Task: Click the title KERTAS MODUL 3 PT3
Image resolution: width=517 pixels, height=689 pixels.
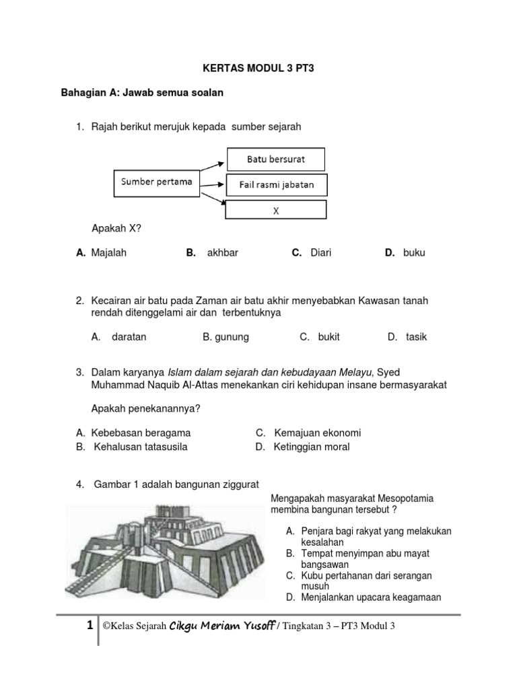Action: tap(258, 69)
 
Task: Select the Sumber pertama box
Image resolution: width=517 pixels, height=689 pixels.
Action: tap(156, 182)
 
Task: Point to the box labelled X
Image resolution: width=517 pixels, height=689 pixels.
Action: tap(276, 209)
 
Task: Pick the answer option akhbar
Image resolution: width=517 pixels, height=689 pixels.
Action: tap(222, 253)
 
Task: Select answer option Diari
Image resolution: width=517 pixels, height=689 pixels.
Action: tap(320, 253)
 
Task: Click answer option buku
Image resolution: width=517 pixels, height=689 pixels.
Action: tap(414, 253)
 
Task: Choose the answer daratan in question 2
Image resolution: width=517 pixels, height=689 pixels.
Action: tap(129, 337)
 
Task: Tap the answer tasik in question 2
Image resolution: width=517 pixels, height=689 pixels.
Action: tap(416, 337)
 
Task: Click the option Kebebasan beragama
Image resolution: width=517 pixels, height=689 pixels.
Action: tap(141, 433)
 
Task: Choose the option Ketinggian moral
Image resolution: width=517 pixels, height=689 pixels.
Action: tap(311, 447)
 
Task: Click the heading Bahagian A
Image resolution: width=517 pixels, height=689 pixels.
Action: tap(142, 93)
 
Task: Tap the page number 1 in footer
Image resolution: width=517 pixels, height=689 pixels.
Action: tap(90, 626)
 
